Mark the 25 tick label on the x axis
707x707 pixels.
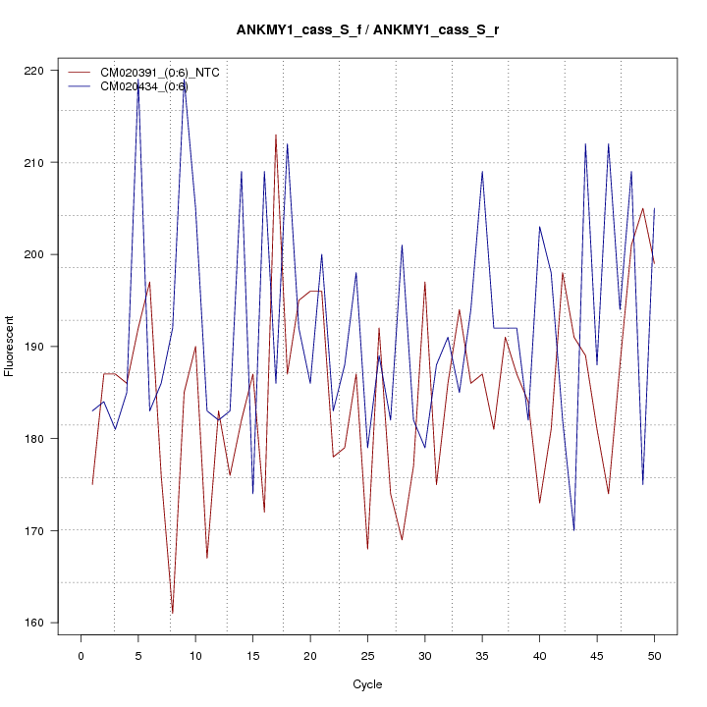coord(367,655)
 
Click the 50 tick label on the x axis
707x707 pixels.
coord(654,655)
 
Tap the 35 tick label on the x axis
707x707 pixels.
coord(482,655)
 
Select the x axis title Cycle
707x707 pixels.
coord(367,684)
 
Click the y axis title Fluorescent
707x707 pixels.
coord(11,346)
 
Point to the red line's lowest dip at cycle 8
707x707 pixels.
coord(172,613)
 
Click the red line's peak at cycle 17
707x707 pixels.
coord(276,135)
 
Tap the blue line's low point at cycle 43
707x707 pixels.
coord(573,530)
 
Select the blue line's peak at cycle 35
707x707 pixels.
coord(482,172)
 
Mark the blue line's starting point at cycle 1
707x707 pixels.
coord(92,410)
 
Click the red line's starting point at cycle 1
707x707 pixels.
coord(92,484)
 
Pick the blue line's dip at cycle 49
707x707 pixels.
coord(642,484)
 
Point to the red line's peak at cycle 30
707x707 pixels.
coord(425,282)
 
